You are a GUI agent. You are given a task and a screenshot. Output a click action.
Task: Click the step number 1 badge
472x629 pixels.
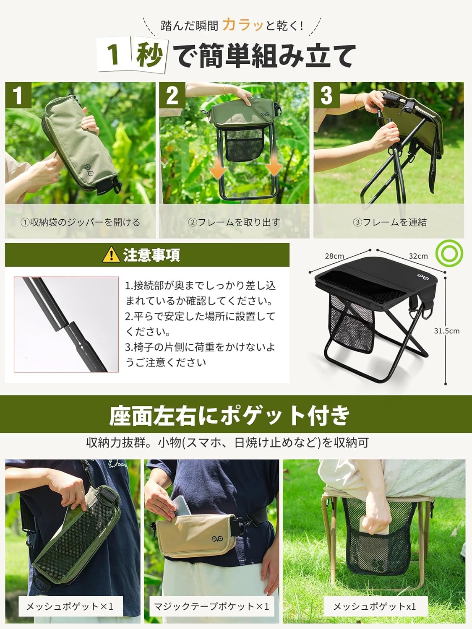coord(18,95)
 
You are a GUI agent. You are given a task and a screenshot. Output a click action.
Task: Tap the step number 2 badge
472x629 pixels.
coord(172,95)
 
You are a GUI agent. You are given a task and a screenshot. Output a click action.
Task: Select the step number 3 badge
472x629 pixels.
coord(326,95)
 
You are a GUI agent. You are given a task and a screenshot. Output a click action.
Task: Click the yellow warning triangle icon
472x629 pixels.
coord(111,255)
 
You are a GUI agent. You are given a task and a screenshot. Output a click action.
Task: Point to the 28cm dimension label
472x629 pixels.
coord(334,256)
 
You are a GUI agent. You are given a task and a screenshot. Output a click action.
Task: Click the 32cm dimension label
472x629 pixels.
coord(418,256)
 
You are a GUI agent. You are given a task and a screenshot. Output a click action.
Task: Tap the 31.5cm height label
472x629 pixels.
coord(446,331)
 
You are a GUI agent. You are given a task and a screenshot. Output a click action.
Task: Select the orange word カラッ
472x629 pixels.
coord(243,25)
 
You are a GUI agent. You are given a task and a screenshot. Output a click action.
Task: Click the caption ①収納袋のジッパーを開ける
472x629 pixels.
coord(80,222)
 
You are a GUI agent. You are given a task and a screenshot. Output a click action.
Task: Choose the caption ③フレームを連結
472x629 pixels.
coord(390,222)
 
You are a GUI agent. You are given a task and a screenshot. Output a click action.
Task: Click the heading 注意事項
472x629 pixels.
coord(151,255)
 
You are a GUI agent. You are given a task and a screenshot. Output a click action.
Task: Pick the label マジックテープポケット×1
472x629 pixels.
coord(211,606)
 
